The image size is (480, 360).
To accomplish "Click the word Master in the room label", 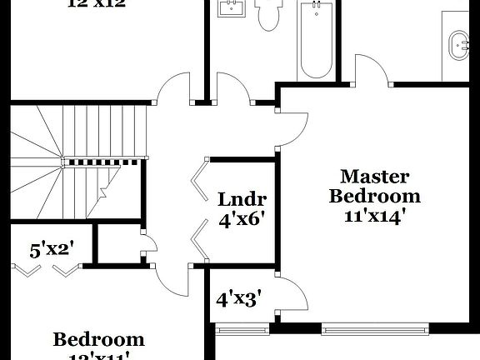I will pyautogui.click(x=375, y=177).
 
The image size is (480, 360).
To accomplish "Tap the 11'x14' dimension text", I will pyautogui.click(x=375, y=216).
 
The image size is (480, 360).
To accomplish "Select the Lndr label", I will pyautogui.click(x=242, y=200).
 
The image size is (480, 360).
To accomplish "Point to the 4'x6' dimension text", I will pyautogui.click(x=242, y=221).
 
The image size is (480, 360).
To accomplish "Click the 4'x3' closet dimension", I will pyautogui.click(x=239, y=298).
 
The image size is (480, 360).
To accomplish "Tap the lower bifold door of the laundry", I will pyautogui.click(x=197, y=242).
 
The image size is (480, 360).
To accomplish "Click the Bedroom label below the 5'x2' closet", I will pyautogui.click(x=98, y=340).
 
